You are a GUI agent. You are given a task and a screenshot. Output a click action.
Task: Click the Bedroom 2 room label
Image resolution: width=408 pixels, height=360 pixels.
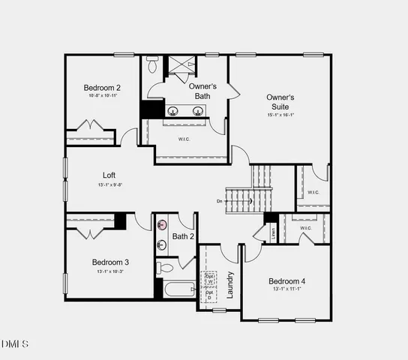tap(101, 88)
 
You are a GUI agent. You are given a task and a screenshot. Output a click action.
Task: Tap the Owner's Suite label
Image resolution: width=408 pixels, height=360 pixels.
tap(280, 102)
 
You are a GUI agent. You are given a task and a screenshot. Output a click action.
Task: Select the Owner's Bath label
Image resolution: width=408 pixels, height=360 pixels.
tap(199, 91)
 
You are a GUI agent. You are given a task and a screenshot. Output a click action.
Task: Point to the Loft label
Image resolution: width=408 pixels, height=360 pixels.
tap(110, 175)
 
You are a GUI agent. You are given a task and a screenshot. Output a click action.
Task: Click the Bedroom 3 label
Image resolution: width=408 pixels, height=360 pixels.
tap(110, 262)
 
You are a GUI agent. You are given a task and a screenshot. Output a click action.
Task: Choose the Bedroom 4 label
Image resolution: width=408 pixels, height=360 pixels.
tap(287, 281)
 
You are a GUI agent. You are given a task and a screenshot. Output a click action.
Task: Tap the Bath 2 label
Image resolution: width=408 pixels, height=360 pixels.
tap(183, 237)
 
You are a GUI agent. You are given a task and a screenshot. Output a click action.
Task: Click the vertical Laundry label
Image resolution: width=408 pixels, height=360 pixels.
tap(230, 284)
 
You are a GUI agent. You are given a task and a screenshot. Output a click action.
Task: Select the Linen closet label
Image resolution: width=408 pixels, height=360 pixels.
tap(273, 232)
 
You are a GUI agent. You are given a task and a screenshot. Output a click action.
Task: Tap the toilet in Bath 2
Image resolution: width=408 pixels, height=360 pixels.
tap(166, 266)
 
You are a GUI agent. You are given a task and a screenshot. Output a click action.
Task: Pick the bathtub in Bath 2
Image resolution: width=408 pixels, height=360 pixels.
tap(177, 289)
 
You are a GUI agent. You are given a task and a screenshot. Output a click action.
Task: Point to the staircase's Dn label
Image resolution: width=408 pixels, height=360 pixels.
tap(220, 201)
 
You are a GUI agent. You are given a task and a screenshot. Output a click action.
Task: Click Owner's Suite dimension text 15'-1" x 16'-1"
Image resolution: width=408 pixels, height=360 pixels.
tap(280, 115)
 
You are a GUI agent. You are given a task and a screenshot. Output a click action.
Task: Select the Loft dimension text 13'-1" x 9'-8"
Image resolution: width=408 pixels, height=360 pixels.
tap(110, 185)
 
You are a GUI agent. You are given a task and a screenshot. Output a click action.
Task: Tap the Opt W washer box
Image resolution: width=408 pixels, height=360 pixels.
tap(209, 280)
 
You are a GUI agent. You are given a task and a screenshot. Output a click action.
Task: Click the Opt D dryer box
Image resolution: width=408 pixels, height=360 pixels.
tap(209, 295)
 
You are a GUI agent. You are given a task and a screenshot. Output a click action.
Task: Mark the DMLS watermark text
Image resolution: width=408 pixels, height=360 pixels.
tap(16, 344)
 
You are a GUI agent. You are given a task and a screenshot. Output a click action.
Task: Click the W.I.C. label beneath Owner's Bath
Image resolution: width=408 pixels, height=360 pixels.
tap(184, 139)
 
